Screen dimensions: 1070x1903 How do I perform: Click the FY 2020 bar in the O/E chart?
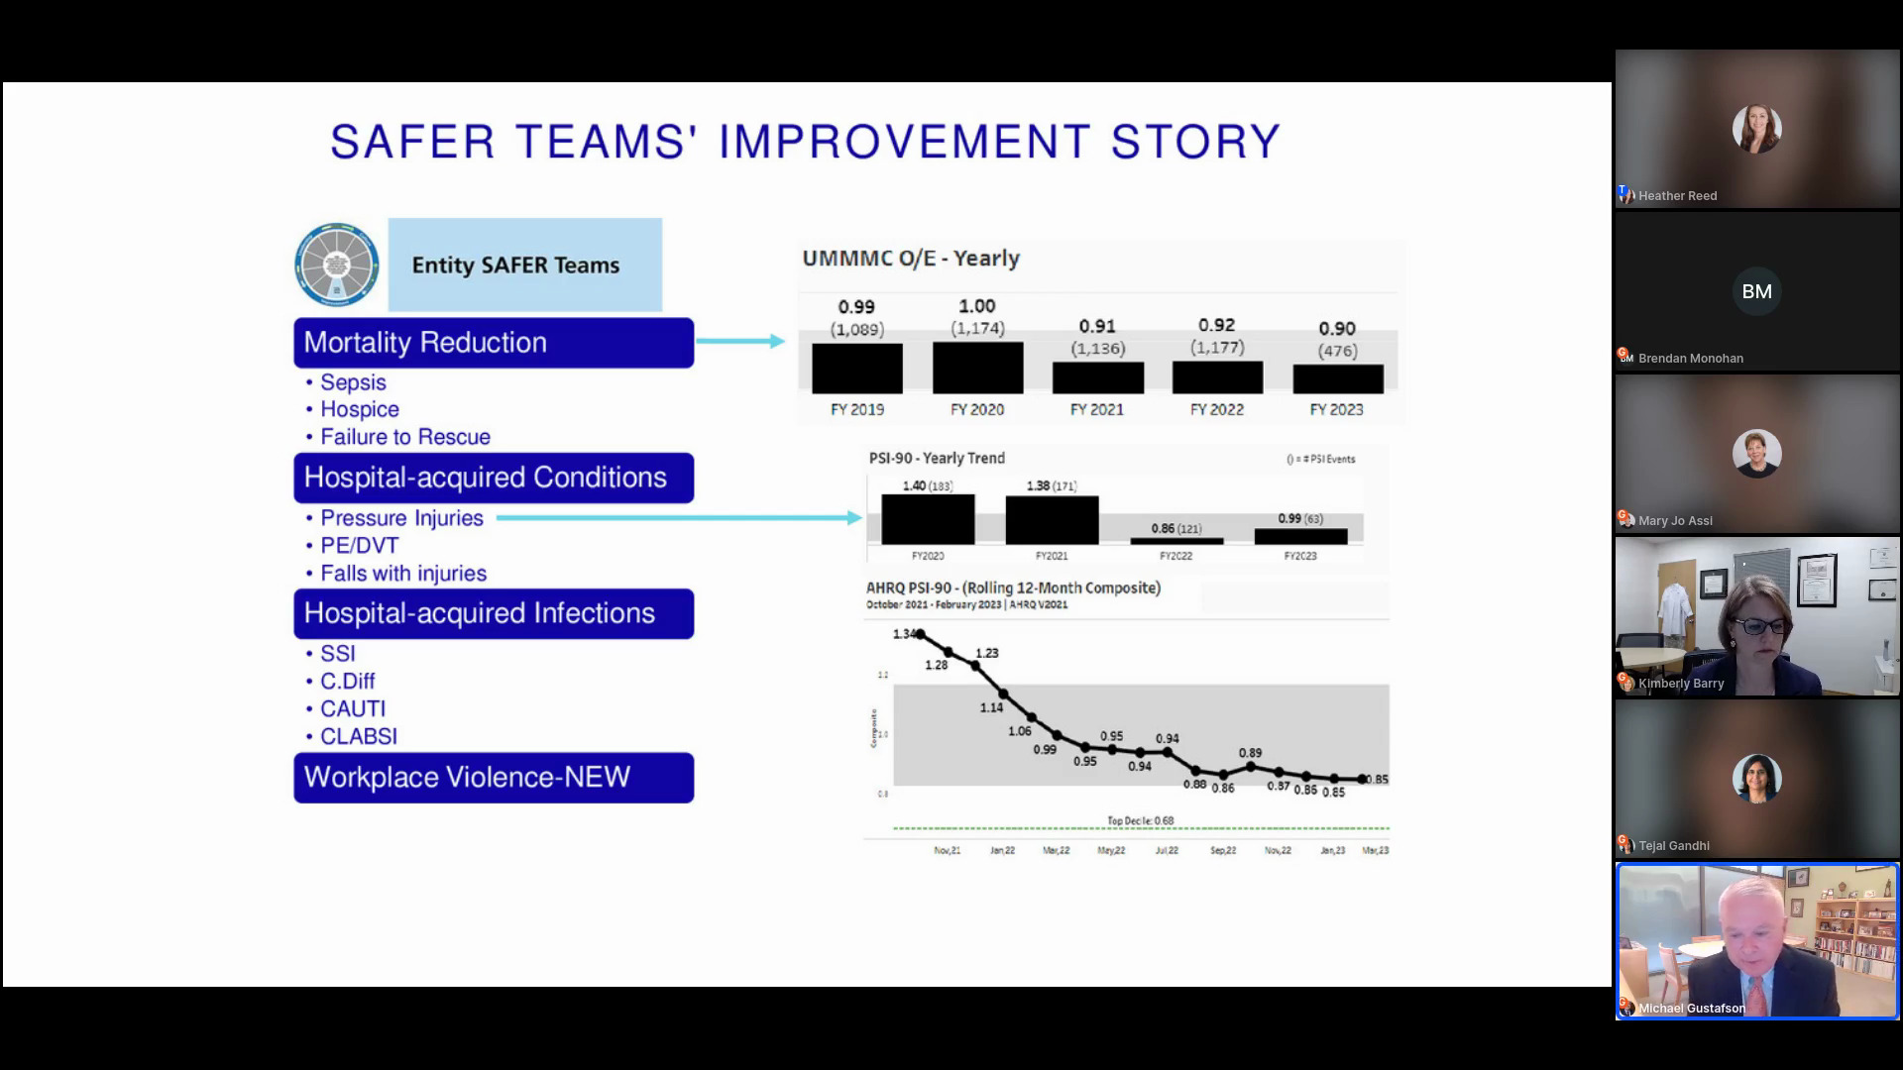[977, 368]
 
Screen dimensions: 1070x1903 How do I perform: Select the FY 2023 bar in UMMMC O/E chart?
[1338, 378]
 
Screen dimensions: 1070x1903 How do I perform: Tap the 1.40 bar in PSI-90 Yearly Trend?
[928, 519]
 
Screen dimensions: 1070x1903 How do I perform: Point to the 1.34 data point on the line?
[920, 634]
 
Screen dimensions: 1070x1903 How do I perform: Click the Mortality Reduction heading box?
[494, 343]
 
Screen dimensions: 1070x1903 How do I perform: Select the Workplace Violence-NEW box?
[494, 778]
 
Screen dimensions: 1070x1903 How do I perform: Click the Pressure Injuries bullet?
[401, 518]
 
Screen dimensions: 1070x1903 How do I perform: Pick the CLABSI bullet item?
[358, 736]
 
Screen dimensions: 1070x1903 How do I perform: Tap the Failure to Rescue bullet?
[404, 437]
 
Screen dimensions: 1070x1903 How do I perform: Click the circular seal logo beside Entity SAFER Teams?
[337, 265]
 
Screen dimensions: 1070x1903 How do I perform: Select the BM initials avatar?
[1756, 291]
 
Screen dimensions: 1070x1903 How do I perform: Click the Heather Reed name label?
[1677, 196]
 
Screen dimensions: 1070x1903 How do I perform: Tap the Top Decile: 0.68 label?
[1140, 820]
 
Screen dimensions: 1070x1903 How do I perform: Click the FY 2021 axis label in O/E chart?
[1097, 409]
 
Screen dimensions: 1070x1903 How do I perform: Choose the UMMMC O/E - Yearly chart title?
[911, 259]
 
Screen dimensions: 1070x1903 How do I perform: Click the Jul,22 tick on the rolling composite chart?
[1167, 850]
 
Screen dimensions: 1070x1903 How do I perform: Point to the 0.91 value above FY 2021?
[1097, 326]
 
